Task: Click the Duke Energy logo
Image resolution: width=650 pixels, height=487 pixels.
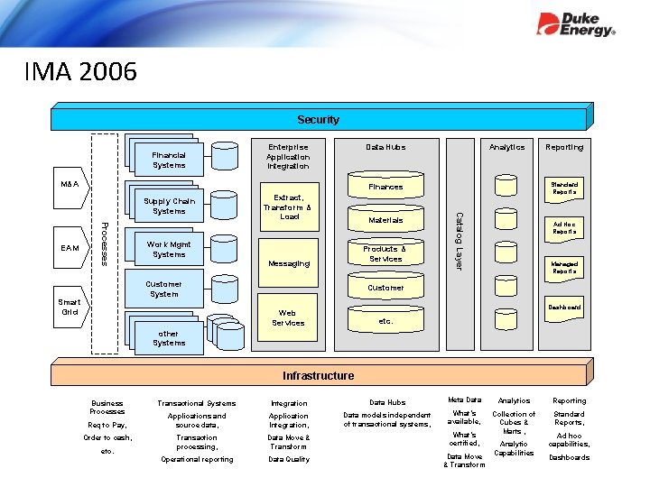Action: point(576,24)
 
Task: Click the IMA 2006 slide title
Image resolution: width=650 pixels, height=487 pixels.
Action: point(81,71)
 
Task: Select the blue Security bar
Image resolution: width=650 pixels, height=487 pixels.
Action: point(319,119)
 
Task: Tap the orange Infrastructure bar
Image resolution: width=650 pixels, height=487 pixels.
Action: point(318,375)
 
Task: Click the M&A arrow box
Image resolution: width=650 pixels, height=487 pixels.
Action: point(70,185)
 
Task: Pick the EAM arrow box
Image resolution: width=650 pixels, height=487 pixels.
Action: point(70,248)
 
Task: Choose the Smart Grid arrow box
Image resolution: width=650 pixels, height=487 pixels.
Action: point(70,308)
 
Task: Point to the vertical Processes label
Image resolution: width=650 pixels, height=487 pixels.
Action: point(104,243)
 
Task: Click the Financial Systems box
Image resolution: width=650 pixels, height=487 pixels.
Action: point(169,161)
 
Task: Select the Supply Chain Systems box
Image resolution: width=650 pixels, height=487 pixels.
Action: point(169,207)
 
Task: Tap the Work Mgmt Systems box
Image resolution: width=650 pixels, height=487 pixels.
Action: point(169,249)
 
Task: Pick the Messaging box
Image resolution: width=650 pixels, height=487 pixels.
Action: point(289,263)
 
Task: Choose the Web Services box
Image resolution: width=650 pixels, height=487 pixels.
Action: point(289,317)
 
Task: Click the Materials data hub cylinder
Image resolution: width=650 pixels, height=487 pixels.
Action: point(385,220)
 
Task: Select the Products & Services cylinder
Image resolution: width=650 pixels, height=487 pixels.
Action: point(385,254)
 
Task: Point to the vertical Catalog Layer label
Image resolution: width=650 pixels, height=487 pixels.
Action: point(459,241)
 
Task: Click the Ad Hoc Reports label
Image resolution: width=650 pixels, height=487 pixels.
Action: point(565,227)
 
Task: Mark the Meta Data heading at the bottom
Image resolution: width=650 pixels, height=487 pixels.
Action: point(465,400)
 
